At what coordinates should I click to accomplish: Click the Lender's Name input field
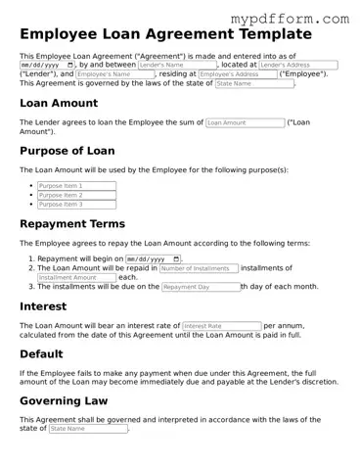coord(177,65)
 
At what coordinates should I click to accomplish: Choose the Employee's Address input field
coord(237,74)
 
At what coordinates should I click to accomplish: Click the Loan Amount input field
coord(245,123)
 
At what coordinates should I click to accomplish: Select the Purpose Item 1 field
coord(76,185)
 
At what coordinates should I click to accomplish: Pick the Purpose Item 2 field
coord(76,195)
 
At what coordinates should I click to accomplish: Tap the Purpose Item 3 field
coord(76,205)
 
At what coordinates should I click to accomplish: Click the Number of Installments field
coord(198,267)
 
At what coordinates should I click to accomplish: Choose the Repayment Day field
coord(200,287)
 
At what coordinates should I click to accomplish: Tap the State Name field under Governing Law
coord(87,429)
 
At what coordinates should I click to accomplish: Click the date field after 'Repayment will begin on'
coord(154,258)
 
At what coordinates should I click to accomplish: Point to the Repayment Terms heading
coord(78,223)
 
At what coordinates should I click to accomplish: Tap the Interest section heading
coord(44,305)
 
